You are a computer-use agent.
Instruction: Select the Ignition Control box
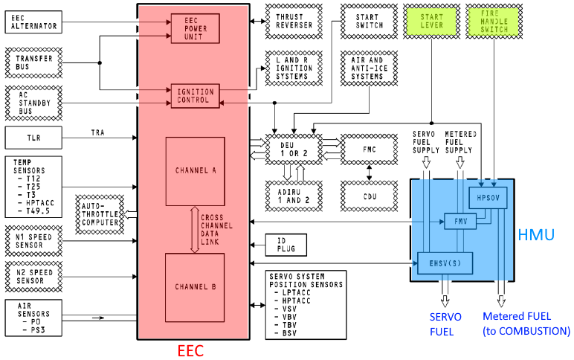[195, 96]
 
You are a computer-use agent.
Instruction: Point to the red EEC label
[190, 350]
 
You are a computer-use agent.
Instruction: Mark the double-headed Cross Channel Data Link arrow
[194, 230]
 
